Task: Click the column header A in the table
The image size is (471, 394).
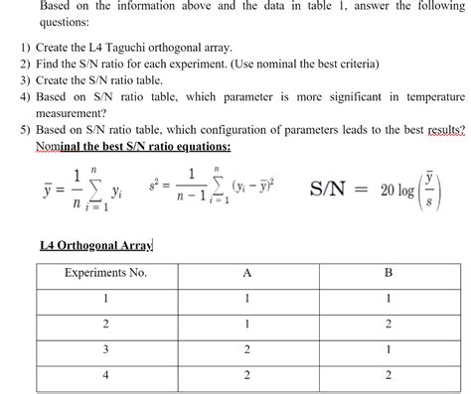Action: pos(244,272)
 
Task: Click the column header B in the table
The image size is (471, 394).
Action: pos(389,272)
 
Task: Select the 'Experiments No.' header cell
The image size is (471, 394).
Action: pos(104,272)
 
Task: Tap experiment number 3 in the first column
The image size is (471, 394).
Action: pos(104,348)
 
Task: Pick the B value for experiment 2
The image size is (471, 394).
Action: pos(389,324)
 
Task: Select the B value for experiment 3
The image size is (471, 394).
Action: pos(389,348)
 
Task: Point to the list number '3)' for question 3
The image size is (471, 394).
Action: pos(25,81)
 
